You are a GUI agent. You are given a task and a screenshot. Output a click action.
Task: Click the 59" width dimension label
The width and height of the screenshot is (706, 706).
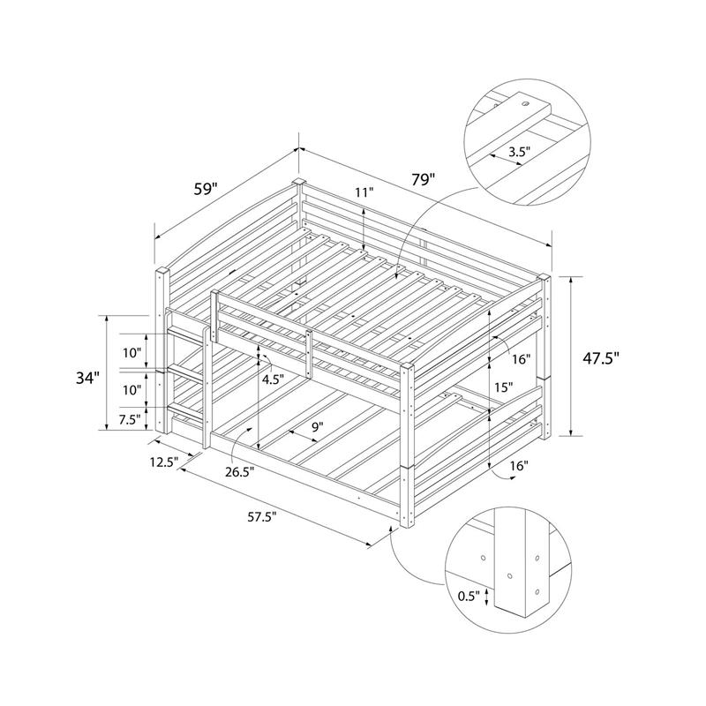pyautogui.click(x=206, y=189)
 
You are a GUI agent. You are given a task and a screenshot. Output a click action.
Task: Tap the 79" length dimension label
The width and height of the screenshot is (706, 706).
pyautogui.click(x=423, y=179)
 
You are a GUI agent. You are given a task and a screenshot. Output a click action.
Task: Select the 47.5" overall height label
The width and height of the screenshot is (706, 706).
pyautogui.click(x=601, y=358)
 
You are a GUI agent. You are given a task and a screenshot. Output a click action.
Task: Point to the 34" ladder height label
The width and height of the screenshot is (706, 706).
pyautogui.click(x=86, y=379)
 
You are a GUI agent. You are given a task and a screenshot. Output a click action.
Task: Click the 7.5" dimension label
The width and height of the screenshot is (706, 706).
pyautogui.click(x=130, y=420)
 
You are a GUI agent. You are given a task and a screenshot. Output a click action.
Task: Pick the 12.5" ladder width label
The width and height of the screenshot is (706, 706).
pyautogui.click(x=164, y=462)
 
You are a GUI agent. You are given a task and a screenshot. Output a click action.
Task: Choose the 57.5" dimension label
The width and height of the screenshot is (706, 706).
pyautogui.click(x=261, y=517)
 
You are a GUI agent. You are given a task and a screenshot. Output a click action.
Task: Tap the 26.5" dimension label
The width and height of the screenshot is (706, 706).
pyautogui.click(x=240, y=471)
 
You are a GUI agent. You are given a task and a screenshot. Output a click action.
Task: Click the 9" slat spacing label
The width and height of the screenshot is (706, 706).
pyautogui.click(x=318, y=426)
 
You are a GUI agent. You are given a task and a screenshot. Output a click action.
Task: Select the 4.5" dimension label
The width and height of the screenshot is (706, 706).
pyautogui.click(x=274, y=379)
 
